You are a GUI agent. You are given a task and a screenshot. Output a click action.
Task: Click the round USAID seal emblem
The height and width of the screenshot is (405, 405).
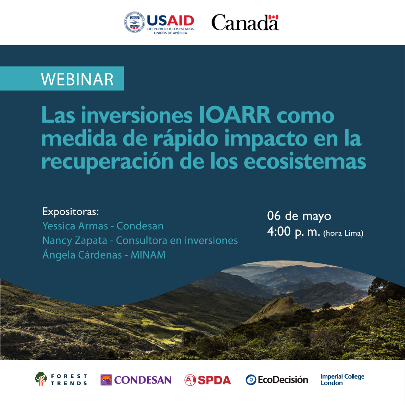[134, 23]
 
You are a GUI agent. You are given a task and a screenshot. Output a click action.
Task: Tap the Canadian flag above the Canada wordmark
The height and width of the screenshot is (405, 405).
[273, 17]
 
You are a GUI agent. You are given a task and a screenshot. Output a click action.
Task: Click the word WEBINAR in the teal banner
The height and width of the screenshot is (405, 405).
[77, 79]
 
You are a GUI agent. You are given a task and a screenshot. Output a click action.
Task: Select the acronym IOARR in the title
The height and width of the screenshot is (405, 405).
[235, 115]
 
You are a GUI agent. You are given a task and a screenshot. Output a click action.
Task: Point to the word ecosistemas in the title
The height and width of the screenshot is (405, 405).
[305, 162]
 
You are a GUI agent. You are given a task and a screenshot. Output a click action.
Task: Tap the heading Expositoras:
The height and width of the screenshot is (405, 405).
[70, 212]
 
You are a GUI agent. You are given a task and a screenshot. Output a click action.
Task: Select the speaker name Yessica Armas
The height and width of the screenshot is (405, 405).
[75, 226]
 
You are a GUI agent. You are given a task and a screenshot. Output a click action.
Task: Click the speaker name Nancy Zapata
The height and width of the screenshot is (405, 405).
[75, 241]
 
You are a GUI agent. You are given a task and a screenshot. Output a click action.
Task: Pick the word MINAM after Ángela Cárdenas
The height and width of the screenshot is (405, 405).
[148, 255]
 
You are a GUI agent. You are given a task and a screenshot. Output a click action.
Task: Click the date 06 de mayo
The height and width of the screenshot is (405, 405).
[299, 216]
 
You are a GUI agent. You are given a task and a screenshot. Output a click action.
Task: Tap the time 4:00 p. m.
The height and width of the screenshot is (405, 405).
[294, 232]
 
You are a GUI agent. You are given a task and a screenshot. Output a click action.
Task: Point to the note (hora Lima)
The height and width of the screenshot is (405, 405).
[343, 233]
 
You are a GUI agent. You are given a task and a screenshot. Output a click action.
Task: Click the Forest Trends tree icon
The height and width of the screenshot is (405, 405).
[41, 379]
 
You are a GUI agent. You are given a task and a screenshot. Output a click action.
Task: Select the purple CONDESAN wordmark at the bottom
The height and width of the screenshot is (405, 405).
[143, 380]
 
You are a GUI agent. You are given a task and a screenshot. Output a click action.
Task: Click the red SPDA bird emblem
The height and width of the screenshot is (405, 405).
[190, 380]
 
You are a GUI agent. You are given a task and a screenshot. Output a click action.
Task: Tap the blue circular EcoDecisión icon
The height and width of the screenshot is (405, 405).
[251, 380]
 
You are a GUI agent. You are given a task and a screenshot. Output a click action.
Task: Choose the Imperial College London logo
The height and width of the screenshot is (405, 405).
[342, 380]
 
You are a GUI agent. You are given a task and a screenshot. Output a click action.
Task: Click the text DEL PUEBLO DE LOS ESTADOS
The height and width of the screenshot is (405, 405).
[170, 29]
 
